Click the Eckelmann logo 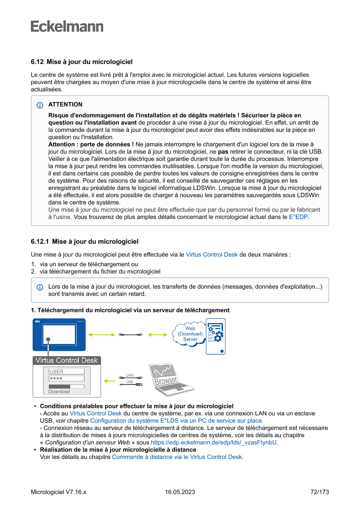pos(67,27)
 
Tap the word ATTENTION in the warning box pos(65,104)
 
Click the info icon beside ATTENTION pos(40,105)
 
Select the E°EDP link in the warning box pos(299,216)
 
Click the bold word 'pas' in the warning pos(223,152)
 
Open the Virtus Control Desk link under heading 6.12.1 pos(212,255)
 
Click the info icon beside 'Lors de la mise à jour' pos(40,287)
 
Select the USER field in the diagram pos(66,371)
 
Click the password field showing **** pos(66,379)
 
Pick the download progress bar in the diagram pos(66,386)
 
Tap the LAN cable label pos(130,375)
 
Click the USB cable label pos(130,382)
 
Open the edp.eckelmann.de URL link pos(214,442)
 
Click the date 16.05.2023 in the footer pos(180,492)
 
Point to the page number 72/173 pos(320,492)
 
